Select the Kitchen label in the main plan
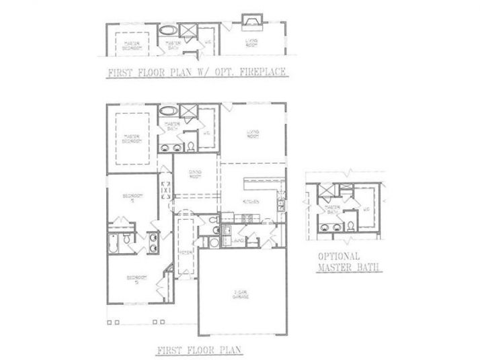tap(251, 201)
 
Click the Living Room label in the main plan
tap(253, 133)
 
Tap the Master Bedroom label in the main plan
tap(132, 139)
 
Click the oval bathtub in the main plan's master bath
tap(167, 111)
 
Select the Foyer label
tap(186, 251)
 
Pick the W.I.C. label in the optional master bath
tap(367, 210)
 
